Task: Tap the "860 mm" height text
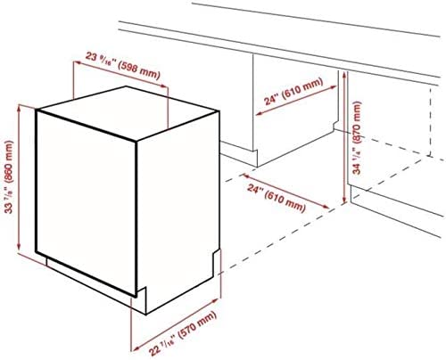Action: pyautogui.click(x=10, y=161)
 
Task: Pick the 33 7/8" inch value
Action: pyautogui.click(x=9, y=199)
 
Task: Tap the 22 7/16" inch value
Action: pyautogui.click(x=162, y=346)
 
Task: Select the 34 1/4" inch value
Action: pyautogui.click(x=357, y=160)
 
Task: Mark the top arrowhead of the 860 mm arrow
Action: pyautogui.click(x=19, y=108)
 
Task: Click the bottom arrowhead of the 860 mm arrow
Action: pyautogui.click(x=19, y=248)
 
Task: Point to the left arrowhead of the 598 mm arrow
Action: pyautogui.click(x=77, y=62)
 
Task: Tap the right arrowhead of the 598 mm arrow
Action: pyautogui.click(x=165, y=86)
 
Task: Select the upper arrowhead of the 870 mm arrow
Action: pyautogui.click(x=344, y=75)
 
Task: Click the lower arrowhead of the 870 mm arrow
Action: pyautogui.click(x=344, y=200)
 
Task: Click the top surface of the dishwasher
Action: pyautogui.click(x=128, y=113)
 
